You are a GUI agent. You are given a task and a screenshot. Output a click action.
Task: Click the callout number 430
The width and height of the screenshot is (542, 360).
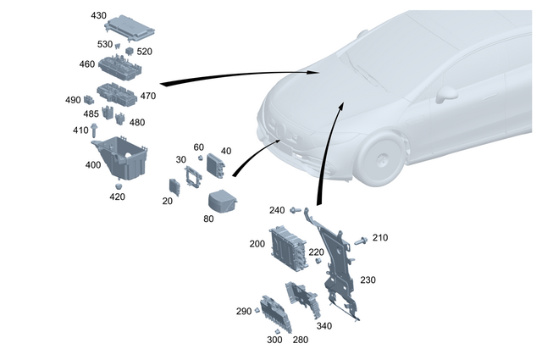tap(99, 16)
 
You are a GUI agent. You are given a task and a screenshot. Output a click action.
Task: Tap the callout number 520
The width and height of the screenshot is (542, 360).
tap(145, 52)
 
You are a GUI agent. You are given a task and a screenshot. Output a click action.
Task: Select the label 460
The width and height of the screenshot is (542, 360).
tap(86, 64)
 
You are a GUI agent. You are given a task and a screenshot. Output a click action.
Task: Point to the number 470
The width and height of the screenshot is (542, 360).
tap(148, 96)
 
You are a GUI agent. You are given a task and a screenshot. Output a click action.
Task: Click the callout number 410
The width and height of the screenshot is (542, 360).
tap(80, 130)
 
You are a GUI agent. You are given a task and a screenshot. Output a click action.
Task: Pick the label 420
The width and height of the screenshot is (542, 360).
tap(117, 197)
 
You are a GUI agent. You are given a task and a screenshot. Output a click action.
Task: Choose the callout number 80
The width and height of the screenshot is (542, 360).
tap(208, 219)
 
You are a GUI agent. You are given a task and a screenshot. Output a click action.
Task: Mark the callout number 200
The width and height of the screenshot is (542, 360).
tap(257, 243)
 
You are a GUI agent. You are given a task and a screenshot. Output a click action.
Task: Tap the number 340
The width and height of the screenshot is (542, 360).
tap(324, 325)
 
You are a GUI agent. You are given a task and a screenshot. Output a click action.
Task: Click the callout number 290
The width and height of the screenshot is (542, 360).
tap(244, 311)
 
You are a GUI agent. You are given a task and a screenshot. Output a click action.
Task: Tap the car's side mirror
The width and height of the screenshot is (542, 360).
tap(447, 92)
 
